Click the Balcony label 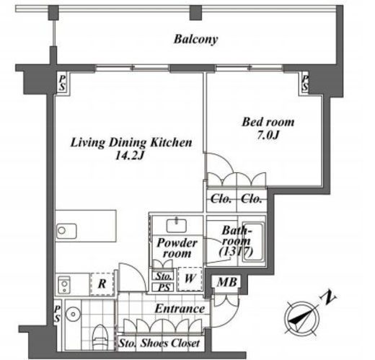coord(195,40)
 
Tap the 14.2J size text coord(129,156)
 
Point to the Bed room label coord(268,122)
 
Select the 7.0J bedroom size coord(268,135)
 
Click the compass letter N coord(328,297)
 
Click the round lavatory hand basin coord(73,314)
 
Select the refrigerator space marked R coord(102,284)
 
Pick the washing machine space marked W coord(190,278)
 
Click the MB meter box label coord(226,282)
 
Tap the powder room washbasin coord(177,226)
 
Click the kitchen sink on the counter coord(66,231)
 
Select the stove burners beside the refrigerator coord(64,284)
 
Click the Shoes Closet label coord(170,343)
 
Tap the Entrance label coord(180,309)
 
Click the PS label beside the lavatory coord(57,314)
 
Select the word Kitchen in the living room coord(171,143)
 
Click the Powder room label coord(177,248)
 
